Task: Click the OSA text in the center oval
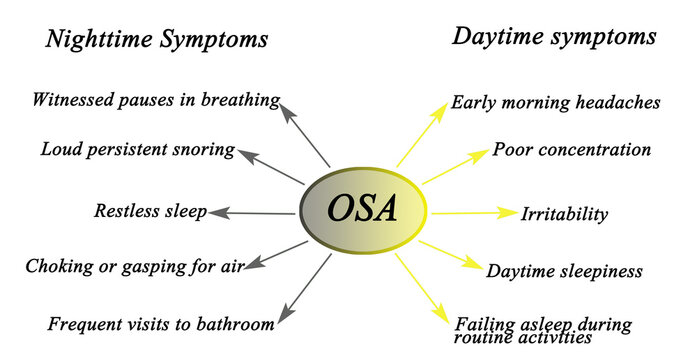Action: pyautogui.click(x=364, y=210)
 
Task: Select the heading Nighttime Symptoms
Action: pyautogui.click(x=157, y=40)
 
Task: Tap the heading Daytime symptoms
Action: pyautogui.click(x=554, y=37)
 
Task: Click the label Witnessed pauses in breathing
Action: pyautogui.click(x=154, y=99)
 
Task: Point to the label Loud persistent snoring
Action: pyautogui.click(x=138, y=150)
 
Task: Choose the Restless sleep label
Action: pyautogui.click(x=150, y=211)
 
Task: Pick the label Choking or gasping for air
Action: pyautogui.click(x=134, y=266)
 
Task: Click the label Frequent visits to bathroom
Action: pyautogui.click(x=160, y=324)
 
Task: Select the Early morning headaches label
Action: pyautogui.click(x=555, y=102)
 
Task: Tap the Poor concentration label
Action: pyautogui.click(x=572, y=150)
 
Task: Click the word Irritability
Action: pyautogui.click(x=564, y=214)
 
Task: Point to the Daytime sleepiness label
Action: pyautogui.click(x=564, y=270)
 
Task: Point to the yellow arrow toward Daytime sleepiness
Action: pyautogui.click(x=450, y=254)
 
